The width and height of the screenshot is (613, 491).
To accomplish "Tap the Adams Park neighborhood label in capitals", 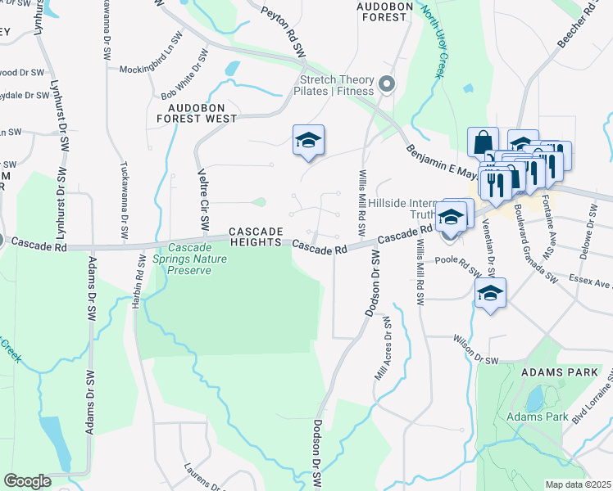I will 554,372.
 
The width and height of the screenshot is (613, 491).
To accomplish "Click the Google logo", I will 27,481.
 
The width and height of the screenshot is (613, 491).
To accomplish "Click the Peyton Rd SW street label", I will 284,33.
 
